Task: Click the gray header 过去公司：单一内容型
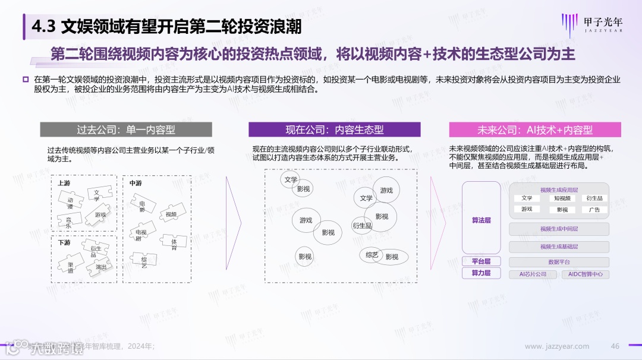126,130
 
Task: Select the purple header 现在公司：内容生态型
334,130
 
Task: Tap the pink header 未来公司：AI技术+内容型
535,130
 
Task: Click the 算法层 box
481,220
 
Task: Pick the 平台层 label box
481,261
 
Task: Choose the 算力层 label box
481,273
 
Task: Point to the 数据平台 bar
559,262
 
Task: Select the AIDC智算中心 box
586,274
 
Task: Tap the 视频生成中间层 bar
559,229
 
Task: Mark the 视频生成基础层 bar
559,247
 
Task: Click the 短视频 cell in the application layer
562,198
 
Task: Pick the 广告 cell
594,210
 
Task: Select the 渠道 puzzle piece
71,267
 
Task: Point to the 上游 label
64,183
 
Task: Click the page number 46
615,346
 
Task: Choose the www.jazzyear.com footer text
557,346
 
